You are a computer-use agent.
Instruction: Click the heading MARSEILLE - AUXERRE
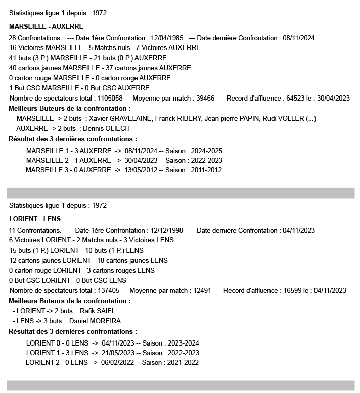click(x=47, y=26)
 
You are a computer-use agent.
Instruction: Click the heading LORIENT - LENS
click(x=35, y=219)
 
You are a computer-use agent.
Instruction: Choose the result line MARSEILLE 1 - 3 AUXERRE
click(x=68, y=151)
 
